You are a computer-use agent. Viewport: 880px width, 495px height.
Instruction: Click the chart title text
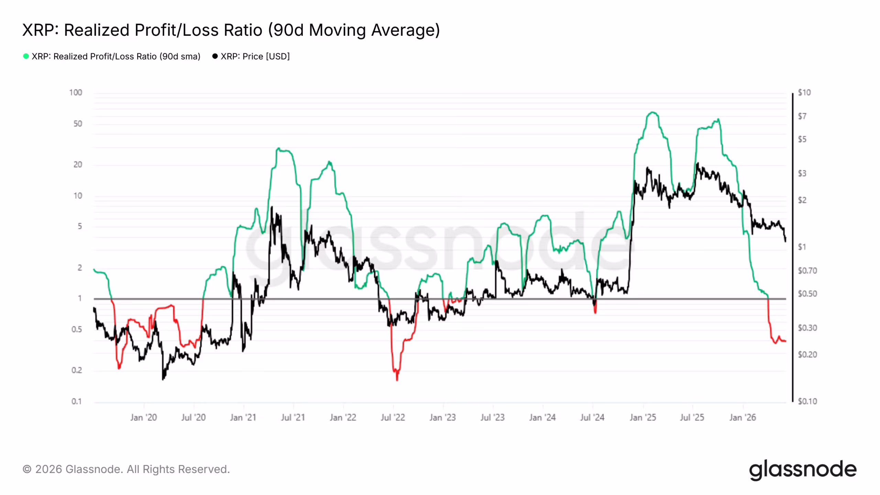pos(231,30)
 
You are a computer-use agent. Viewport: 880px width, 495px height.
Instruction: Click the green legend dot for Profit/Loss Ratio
pos(26,56)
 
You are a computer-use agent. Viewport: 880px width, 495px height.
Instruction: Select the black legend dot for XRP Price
pos(215,56)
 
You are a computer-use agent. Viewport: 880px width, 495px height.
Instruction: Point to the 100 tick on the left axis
pos(76,92)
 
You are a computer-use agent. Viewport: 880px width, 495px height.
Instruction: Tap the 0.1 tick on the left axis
pos(76,401)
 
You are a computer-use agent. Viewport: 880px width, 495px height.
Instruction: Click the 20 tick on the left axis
pos(78,165)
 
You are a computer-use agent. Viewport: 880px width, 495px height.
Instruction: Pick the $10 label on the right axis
pos(804,92)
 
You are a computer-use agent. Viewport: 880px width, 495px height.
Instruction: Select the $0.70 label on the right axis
pos(807,271)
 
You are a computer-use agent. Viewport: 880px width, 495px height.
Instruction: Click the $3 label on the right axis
pos(802,173)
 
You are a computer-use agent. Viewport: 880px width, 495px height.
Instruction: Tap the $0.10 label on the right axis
pos(807,401)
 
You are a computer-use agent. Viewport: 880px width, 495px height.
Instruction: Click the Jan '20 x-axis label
pos(143,417)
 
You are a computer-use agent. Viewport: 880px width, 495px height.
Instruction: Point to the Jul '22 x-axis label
pos(393,417)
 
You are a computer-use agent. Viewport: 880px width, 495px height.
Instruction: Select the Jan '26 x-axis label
pos(742,417)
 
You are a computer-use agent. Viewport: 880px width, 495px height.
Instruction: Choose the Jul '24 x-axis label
pos(592,417)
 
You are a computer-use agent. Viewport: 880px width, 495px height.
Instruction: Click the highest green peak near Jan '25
pos(652,112)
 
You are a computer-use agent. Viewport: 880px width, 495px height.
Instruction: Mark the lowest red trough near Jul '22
pos(397,380)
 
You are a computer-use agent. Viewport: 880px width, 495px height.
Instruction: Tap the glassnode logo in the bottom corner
pos(803,470)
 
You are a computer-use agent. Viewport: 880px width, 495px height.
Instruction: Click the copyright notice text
pos(126,469)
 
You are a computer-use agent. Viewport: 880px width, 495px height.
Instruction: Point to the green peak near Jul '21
pos(278,148)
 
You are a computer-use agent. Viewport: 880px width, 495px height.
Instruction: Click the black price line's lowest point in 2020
pos(163,379)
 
